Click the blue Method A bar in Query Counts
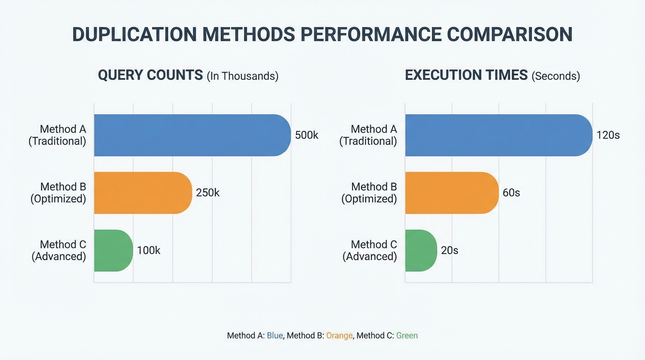tap(192, 135)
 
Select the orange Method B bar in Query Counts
tap(143, 193)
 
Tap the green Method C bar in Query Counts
tap(113, 250)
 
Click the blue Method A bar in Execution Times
tap(498, 135)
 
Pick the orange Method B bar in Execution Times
tap(451, 193)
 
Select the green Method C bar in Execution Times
tap(420, 250)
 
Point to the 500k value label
tap(307, 135)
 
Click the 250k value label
tap(208, 193)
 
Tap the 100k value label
tap(149, 250)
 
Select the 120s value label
tap(608, 135)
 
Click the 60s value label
tap(511, 193)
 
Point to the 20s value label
tap(450, 250)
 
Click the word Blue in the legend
tap(275, 336)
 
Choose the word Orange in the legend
tap(339, 336)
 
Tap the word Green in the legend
tap(406, 336)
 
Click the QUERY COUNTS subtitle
tap(150, 75)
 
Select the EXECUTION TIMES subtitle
tap(466, 75)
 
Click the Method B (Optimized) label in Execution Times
tap(369, 193)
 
